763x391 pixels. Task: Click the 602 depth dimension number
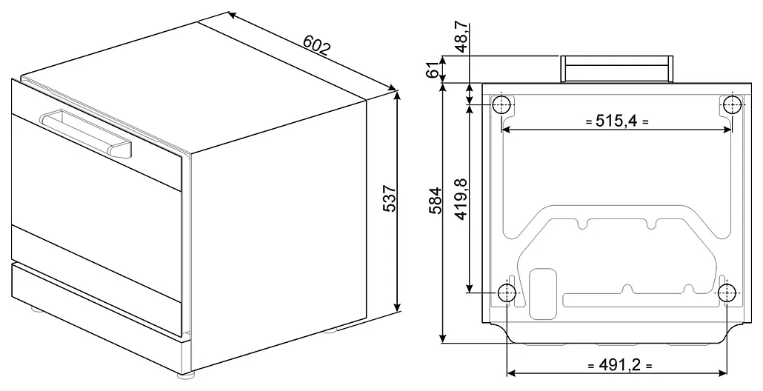[317, 44]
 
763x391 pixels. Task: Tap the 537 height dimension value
[390, 198]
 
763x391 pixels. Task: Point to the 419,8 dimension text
[461, 199]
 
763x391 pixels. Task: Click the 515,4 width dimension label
[616, 121]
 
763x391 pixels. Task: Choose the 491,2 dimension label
[619, 365]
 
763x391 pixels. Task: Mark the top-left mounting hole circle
[502, 104]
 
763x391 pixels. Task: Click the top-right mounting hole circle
[731, 104]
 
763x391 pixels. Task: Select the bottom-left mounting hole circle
[507, 293]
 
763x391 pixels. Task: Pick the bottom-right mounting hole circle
[727, 293]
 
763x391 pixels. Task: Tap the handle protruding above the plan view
[617, 69]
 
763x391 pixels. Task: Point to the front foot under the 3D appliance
[185, 375]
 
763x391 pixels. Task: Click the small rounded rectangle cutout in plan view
[542, 294]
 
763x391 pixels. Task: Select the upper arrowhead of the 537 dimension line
[398, 96]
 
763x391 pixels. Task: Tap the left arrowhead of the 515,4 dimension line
[507, 130]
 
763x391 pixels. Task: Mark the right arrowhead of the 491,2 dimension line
[722, 373]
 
